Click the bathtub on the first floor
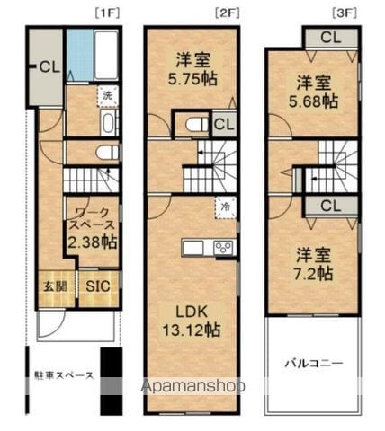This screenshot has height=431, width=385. coord(106,56)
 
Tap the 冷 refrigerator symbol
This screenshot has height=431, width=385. coord(222,206)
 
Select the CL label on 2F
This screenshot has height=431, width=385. coord(225,125)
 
